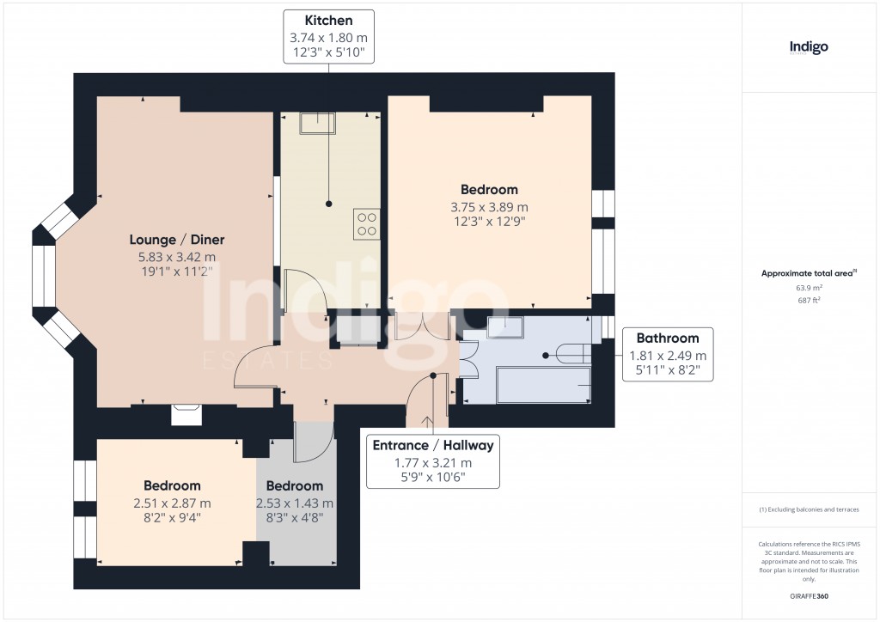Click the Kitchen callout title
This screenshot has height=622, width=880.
pyautogui.click(x=328, y=20)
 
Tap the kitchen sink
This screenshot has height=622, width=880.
pyautogui.click(x=317, y=125)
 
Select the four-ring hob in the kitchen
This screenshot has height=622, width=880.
pyautogui.click(x=366, y=224)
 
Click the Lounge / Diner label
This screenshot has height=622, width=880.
pyautogui.click(x=177, y=240)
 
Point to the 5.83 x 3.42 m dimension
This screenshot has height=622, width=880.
pyautogui.click(x=177, y=257)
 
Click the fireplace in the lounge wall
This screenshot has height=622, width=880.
pyautogui.click(x=186, y=415)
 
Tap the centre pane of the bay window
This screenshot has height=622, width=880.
pyautogui.click(x=43, y=277)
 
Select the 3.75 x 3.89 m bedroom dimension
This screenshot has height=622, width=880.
pyautogui.click(x=489, y=207)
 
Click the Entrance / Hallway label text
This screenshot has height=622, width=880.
pyautogui.click(x=432, y=445)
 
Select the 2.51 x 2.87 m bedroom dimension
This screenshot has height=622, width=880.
pyautogui.click(x=172, y=503)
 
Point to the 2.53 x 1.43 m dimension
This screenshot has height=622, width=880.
pyautogui.click(x=295, y=503)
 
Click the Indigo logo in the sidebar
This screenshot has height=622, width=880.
pyautogui.click(x=809, y=47)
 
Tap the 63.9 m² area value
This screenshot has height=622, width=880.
pyautogui.click(x=809, y=289)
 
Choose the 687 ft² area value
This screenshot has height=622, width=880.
pyautogui.click(x=809, y=301)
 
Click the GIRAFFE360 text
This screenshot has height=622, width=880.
pyautogui.click(x=809, y=596)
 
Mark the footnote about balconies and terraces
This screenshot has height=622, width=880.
pyautogui.click(x=809, y=509)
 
